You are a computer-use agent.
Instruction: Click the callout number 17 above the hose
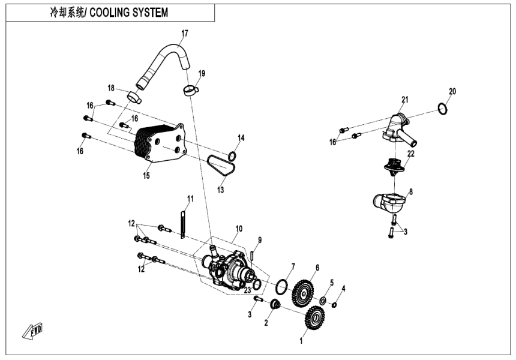[x=185, y=32]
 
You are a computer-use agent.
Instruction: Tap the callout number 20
[x=452, y=92]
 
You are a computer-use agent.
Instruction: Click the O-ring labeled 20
[x=441, y=109]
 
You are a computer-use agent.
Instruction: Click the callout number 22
[x=411, y=154]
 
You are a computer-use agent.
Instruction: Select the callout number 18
[x=111, y=88]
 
